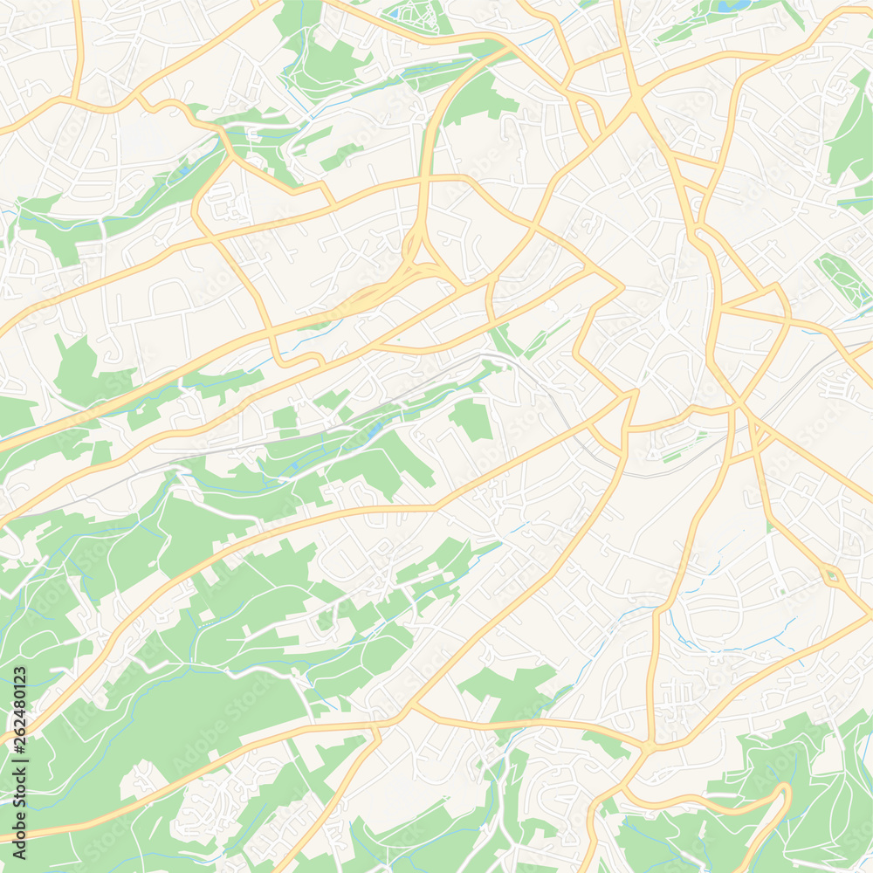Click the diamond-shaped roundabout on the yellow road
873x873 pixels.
(832, 575)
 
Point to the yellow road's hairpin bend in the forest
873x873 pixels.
(781, 794)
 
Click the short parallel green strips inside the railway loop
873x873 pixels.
(672, 454)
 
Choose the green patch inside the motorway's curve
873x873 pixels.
(476, 100)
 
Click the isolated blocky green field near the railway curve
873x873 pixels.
(471, 419)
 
